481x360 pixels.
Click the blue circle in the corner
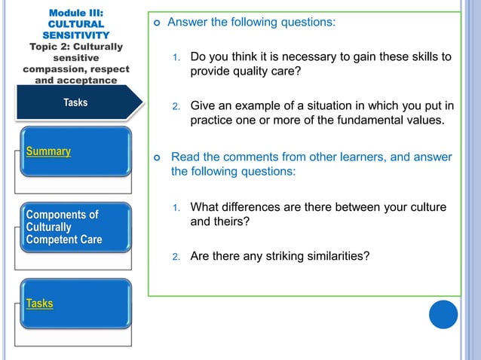443,314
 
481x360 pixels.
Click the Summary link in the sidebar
48,151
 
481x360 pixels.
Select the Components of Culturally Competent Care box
66,227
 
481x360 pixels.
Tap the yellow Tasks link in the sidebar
40,304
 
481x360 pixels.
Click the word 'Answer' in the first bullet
188,22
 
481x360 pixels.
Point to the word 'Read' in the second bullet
186,157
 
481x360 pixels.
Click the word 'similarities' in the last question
342,256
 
